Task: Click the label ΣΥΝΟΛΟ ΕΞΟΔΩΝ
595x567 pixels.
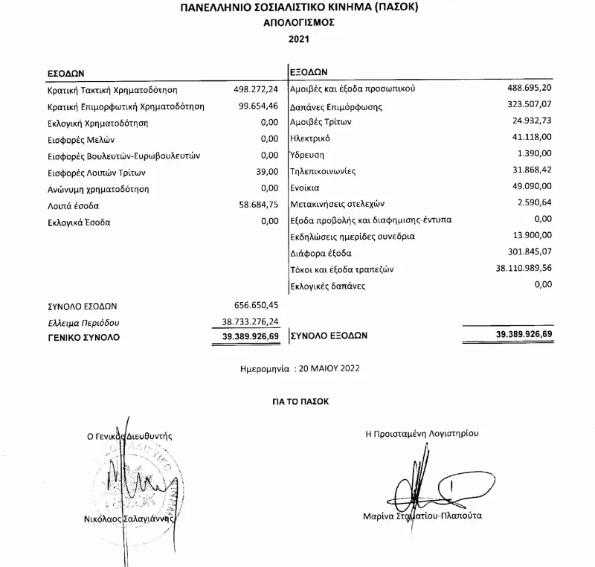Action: tap(328, 336)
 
